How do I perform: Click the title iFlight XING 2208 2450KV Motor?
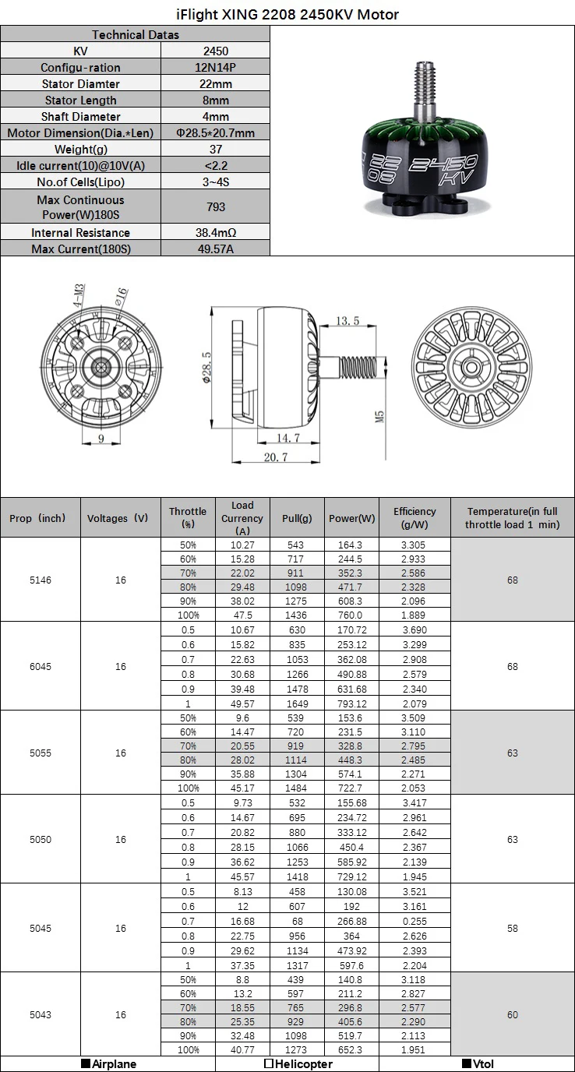click(x=287, y=14)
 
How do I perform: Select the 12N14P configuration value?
click(x=216, y=68)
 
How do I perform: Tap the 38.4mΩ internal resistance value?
click(x=216, y=233)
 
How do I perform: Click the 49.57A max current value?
click(x=216, y=249)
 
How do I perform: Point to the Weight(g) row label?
click(x=81, y=150)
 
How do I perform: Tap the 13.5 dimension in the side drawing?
click(x=347, y=321)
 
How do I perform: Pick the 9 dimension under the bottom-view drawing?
click(x=101, y=438)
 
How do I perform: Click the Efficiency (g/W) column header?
click(x=414, y=518)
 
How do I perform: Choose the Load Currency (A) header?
click(x=242, y=518)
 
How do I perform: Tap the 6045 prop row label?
click(x=41, y=667)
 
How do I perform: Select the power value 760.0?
click(x=351, y=615)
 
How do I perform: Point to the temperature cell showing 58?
click(x=513, y=929)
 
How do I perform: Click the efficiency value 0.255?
click(x=414, y=921)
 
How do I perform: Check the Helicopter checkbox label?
click(x=298, y=1064)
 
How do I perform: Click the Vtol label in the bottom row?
click(x=478, y=1064)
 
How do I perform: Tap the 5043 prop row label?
click(x=41, y=1015)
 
